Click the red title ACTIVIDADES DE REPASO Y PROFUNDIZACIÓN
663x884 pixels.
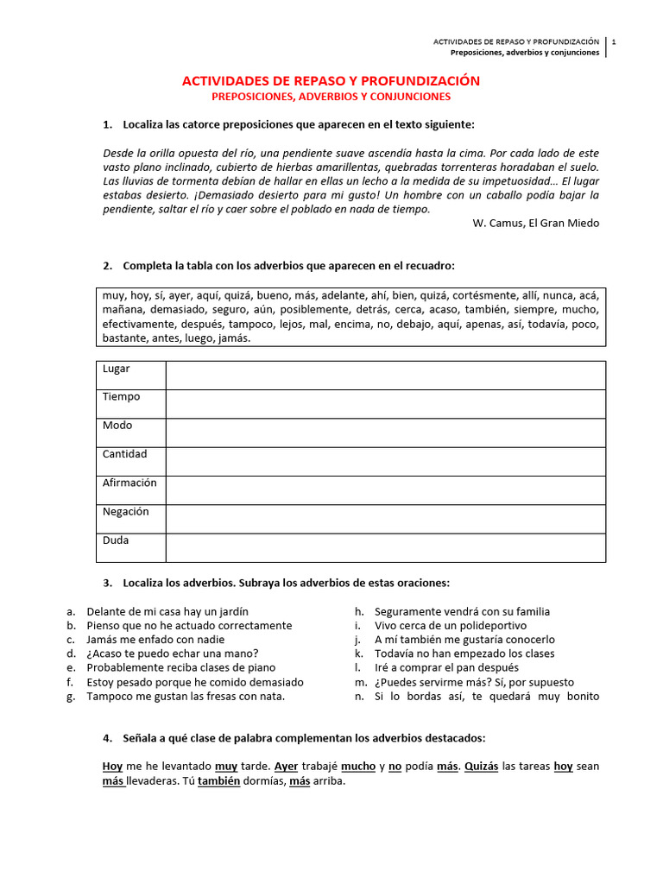tap(331, 80)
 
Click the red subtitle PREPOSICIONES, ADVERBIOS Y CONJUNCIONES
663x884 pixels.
tap(331, 97)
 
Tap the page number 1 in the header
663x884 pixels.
tap(613, 41)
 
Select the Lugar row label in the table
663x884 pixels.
tap(117, 369)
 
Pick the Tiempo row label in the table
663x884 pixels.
tap(121, 397)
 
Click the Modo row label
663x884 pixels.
tap(117, 426)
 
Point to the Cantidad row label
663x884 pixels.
tap(124, 454)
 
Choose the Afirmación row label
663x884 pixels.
tap(129, 483)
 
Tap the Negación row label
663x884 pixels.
tap(125, 511)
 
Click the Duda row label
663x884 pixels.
tap(116, 540)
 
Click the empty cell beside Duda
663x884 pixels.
tap(385, 547)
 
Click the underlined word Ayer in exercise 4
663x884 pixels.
tap(286, 766)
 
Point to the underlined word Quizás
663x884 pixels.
tap(482, 766)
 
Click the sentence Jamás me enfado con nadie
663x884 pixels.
tap(155, 640)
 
